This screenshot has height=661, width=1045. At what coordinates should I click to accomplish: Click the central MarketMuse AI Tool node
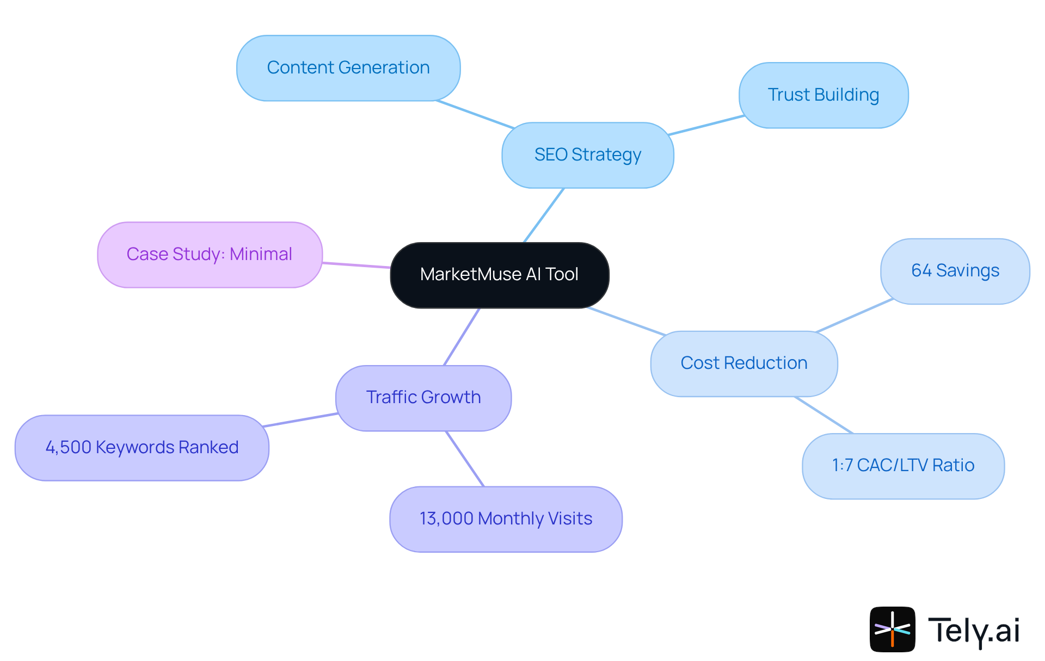pos(499,275)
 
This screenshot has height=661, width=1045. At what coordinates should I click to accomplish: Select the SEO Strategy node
pos(587,155)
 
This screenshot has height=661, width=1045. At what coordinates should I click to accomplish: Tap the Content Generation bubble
pos(348,68)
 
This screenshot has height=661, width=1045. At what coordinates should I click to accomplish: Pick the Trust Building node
pos(823,95)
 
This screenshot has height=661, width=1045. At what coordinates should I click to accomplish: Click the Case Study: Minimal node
pos(210,254)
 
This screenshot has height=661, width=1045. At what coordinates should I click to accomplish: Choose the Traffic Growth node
pos(423,398)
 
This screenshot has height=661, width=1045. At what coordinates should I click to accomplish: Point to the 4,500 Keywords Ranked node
pos(142,447)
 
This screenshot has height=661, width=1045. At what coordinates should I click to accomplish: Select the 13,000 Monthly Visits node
pos(506,519)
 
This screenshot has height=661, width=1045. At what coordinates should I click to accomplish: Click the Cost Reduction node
pos(743,363)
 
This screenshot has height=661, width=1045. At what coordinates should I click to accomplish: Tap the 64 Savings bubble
pos(955,271)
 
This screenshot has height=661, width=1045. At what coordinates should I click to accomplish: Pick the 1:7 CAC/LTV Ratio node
pos(903,466)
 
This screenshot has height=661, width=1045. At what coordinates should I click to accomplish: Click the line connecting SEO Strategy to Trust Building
pos(706,125)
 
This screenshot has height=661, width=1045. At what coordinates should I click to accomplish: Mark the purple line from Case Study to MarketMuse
pos(356,265)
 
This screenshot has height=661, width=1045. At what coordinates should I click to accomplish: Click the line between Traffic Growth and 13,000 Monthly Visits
pos(465,459)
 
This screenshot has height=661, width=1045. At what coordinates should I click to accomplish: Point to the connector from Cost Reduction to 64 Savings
pos(855,316)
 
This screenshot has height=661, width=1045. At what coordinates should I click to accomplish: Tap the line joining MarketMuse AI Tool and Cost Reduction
pos(626,322)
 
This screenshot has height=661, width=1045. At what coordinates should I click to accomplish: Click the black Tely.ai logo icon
pos(892,629)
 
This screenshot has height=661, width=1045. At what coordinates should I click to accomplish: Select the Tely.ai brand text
pos(974,631)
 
